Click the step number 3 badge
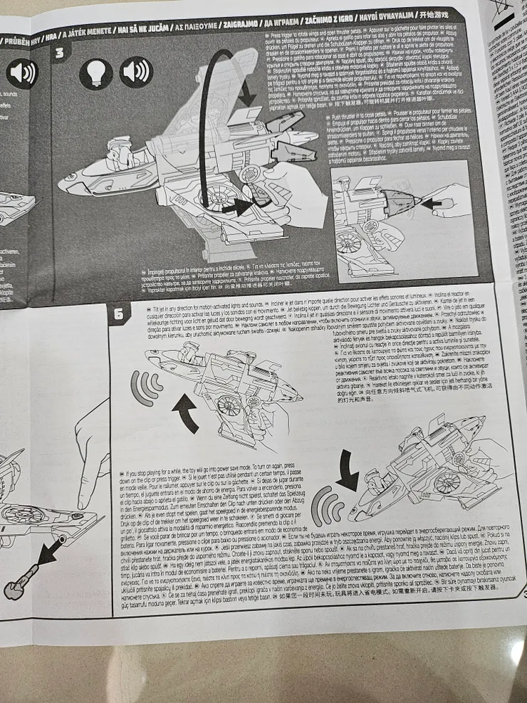60,52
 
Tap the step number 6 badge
119,313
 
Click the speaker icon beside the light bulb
135,72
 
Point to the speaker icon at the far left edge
21,73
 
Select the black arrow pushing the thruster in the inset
430,203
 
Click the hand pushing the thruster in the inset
456,199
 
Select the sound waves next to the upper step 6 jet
145,388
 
